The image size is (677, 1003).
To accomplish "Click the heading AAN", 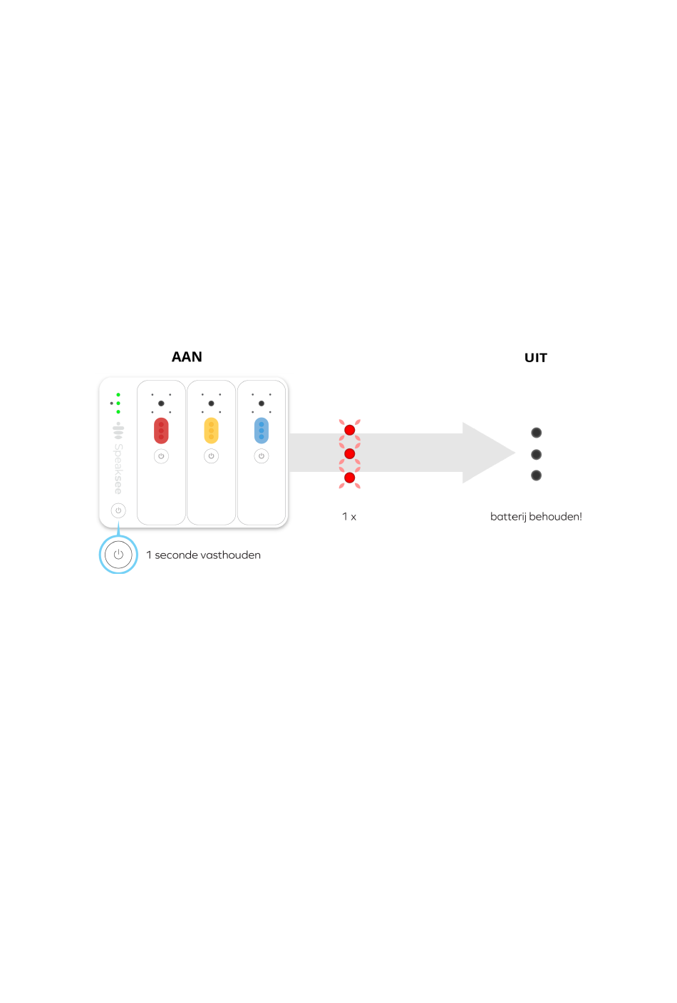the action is (x=187, y=357).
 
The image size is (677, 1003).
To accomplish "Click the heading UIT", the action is (x=535, y=358).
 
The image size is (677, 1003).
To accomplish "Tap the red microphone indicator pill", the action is (x=161, y=431).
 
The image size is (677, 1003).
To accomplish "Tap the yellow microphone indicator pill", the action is (x=212, y=431).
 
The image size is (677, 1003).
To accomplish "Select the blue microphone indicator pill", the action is (x=262, y=431).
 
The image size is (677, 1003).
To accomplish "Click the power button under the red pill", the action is (x=161, y=456).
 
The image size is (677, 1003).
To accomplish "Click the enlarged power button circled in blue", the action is (x=118, y=555).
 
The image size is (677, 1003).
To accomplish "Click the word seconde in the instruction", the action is (x=176, y=555).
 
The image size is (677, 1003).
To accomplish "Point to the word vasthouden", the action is (x=230, y=555).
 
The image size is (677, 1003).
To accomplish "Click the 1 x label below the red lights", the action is (x=349, y=517).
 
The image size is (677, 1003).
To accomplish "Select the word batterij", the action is (x=508, y=517).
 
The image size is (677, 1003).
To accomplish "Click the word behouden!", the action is (x=556, y=516).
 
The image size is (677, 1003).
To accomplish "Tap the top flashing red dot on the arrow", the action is (x=350, y=431).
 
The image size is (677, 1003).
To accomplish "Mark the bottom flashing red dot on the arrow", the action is (x=350, y=478).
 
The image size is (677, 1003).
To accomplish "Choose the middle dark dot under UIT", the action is (x=536, y=455).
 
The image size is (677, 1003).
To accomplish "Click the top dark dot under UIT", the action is (x=536, y=433).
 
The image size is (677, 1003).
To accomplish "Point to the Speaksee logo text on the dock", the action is (x=118, y=469).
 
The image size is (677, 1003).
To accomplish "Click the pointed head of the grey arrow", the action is (x=515, y=453).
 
